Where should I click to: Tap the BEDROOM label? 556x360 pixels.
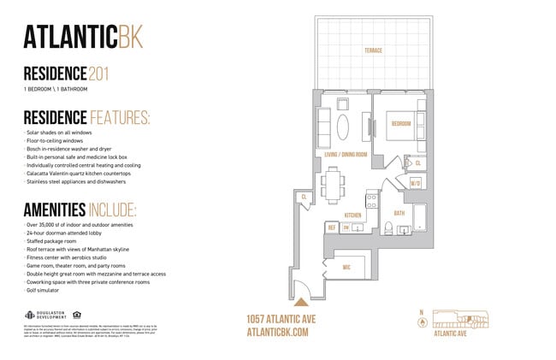point(401,123)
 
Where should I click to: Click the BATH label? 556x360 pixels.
point(399,213)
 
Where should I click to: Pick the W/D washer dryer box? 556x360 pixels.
point(416,183)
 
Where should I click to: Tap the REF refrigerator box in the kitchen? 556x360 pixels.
point(332,228)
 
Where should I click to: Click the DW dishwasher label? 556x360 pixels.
point(346,228)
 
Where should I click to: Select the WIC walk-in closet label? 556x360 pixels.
point(346,267)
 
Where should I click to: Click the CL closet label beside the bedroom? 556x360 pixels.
point(418,162)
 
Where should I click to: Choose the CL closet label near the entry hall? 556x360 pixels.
point(304,198)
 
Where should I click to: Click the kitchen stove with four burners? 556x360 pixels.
point(371,202)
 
